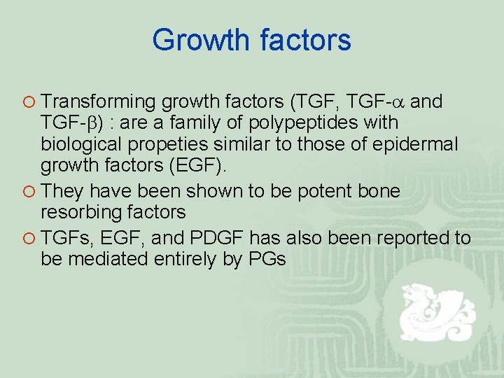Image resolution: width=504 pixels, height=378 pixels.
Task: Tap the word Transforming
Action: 99,102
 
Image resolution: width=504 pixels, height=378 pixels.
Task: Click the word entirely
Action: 203,260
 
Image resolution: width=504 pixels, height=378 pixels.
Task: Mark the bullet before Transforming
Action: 27,103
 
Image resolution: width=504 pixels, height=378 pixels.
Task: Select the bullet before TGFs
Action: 27,239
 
